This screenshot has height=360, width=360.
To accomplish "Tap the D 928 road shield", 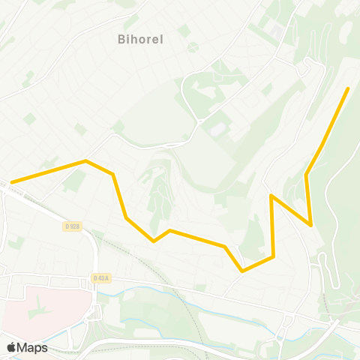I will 72,226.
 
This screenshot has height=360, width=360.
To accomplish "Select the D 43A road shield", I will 100,277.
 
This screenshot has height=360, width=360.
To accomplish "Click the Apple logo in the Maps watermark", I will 11,347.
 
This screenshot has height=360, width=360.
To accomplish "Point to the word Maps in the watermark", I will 32,347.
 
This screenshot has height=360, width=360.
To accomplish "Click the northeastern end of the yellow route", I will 348,88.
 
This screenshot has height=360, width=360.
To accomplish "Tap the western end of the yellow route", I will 11,181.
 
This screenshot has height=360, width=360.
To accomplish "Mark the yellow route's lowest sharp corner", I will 242,270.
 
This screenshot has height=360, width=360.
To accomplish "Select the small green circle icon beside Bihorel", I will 192,46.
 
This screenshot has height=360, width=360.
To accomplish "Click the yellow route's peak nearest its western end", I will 86,160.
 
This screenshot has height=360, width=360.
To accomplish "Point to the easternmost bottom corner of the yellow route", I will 310,224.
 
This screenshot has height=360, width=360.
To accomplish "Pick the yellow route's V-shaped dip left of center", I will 154,241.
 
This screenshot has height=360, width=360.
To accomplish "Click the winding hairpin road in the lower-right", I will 331,270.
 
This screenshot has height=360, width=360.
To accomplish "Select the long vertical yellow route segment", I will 272,225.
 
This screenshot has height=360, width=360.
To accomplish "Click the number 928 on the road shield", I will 74,226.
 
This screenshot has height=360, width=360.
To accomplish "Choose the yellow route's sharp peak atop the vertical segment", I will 271,195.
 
